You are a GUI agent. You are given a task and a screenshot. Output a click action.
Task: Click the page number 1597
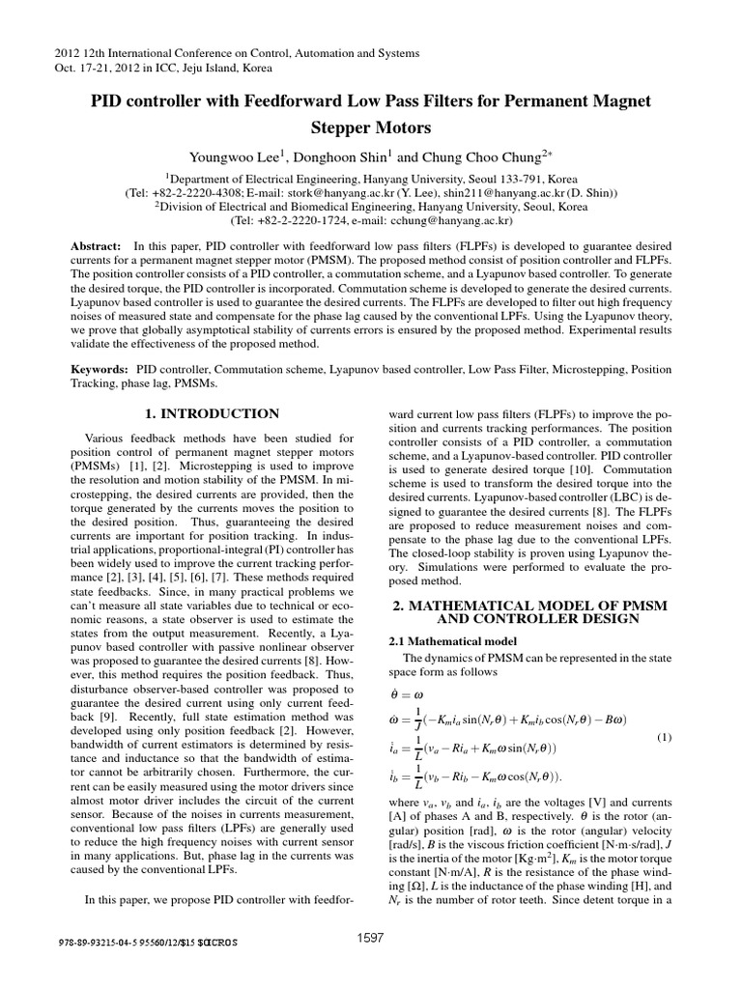pyautogui.click(x=371, y=965)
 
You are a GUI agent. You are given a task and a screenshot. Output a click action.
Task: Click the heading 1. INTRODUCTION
pyautogui.click(x=212, y=413)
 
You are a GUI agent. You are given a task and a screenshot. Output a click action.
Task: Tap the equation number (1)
pyautogui.click(x=665, y=738)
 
